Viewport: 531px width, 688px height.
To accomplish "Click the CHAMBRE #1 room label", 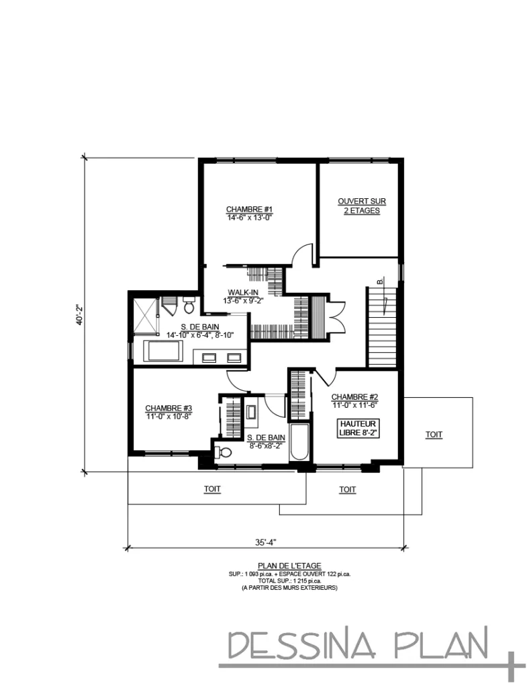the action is coord(250,210).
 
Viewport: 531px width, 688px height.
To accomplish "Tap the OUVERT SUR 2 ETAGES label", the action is coord(362,206).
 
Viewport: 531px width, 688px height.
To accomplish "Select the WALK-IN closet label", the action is coord(243,292).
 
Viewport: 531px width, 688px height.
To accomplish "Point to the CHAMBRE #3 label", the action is coord(168,408).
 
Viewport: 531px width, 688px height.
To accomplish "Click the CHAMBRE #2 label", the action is coord(354,397).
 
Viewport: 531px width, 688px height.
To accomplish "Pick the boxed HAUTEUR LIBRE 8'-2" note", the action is coord(358,428).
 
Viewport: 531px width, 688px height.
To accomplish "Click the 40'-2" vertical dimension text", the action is coord(79,314).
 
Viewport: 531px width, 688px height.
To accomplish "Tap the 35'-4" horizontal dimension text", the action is coord(266,542).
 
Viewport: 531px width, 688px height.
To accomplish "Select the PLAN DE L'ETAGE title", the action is coord(289,566).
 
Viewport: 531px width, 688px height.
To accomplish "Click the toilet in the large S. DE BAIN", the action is coord(189,305).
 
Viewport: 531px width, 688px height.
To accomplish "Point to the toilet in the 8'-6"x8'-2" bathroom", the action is coord(224,452).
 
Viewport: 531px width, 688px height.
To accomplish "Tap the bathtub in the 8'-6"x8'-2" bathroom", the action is coord(299,442).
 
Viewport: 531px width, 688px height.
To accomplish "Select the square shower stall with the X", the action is coord(146,316).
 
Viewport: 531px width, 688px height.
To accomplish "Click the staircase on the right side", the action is coord(382,327).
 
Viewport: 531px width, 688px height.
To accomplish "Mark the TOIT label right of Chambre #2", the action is coord(434,435).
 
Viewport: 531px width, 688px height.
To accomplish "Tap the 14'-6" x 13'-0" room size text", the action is coord(250,218).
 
